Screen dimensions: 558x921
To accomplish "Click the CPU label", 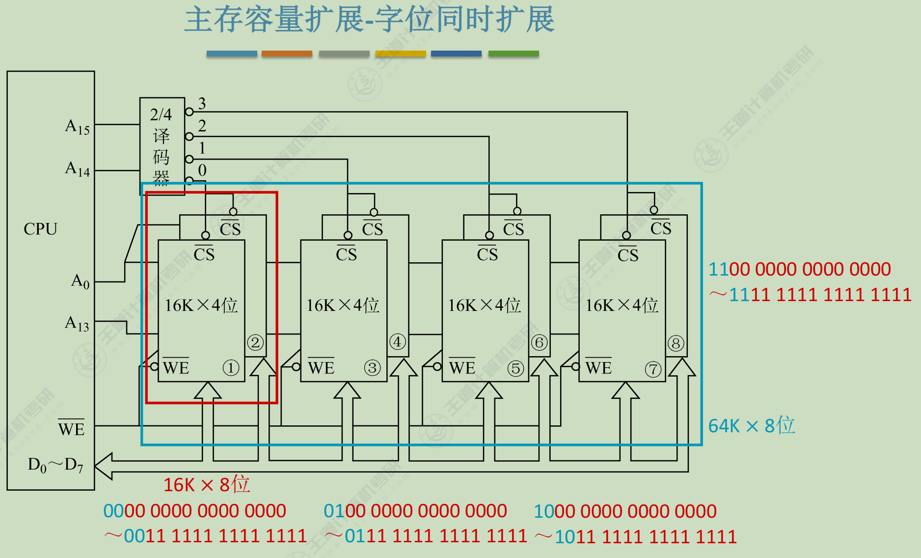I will point(40,229).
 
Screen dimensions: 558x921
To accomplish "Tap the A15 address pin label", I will point(78,127).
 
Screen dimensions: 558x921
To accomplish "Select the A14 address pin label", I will point(78,169).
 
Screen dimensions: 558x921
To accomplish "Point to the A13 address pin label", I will point(77,324).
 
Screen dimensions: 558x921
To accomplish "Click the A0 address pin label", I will point(81,281).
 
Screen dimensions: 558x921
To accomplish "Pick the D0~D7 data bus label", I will point(55,465).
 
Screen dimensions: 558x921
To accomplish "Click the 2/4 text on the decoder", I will point(161,114).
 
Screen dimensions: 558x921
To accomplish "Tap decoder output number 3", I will point(202,103).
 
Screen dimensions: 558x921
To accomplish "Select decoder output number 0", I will point(202,170).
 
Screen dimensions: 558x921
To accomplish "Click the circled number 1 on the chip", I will point(231,367).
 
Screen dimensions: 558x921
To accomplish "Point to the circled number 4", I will point(397,342).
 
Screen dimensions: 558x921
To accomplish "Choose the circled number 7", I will point(653,369).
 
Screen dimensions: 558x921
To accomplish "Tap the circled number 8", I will point(676,343).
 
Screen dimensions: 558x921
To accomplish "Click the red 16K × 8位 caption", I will point(207,485).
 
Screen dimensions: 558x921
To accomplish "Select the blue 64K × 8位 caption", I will point(751,426).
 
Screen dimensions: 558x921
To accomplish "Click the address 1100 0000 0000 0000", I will point(799,269).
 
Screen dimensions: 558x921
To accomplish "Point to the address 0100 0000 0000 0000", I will point(415,511).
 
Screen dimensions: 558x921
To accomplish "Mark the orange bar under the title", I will point(287,54).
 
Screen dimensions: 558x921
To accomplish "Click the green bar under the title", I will point(514,54).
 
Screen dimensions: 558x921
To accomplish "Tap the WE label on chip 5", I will point(462,367).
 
